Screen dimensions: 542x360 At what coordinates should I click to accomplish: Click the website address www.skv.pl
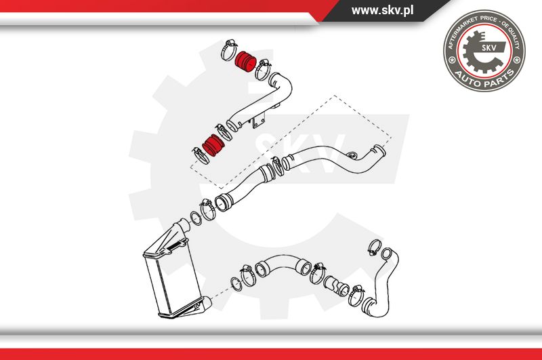[382, 10]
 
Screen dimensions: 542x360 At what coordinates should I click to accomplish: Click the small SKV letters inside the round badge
[489, 47]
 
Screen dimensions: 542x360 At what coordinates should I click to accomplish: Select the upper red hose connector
[245, 62]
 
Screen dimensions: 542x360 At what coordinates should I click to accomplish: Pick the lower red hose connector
[213, 145]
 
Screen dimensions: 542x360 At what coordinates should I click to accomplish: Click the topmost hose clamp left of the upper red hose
[228, 49]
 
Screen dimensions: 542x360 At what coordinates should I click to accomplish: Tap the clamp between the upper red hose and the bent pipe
[262, 70]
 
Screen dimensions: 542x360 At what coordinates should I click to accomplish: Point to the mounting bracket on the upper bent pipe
[258, 121]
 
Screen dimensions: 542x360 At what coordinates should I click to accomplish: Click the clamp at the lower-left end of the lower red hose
[201, 155]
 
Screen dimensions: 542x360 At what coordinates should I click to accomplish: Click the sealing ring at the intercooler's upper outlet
[196, 218]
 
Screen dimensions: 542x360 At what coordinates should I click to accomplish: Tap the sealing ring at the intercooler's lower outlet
[236, 284]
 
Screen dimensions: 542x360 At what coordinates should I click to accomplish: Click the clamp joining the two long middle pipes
[277, 166]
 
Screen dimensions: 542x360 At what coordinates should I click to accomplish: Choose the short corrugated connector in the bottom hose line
[336, 286]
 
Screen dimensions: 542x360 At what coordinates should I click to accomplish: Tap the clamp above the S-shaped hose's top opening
[374, 247]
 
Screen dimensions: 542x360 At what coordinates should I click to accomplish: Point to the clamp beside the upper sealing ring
[208, 209]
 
